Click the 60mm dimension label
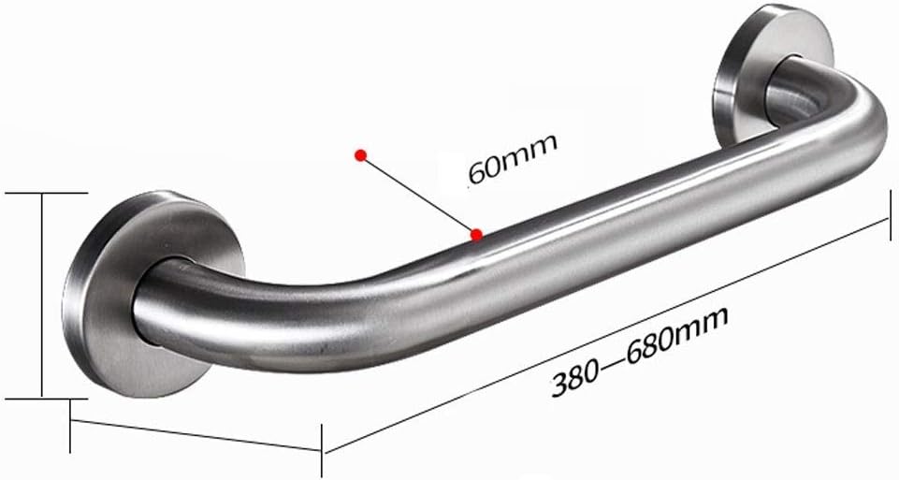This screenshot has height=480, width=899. click(512, 159)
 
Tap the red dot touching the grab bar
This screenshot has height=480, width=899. click(477, 234)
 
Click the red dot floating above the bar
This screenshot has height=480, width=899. click(358, 156)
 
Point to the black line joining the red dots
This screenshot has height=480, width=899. click(417, 195)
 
